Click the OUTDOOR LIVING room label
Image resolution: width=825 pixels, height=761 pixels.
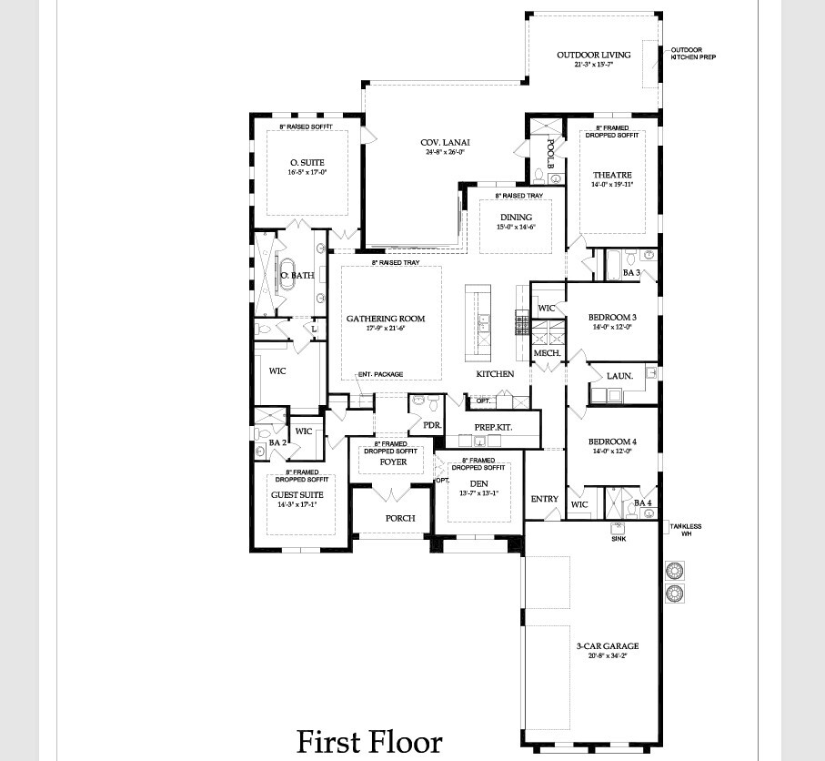(593, 55)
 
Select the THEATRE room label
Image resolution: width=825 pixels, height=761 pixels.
(611, 175)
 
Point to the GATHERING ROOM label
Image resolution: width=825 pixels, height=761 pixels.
(386, 319)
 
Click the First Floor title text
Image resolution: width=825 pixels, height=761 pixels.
(369, 741)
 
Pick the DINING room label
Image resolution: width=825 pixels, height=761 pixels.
(516, 218)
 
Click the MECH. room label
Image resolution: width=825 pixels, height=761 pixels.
(546, 353)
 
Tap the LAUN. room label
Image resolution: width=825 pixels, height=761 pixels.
(607, 375)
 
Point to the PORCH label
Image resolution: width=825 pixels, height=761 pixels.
(399, 518)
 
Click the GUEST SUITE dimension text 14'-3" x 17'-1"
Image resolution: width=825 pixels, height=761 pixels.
(299, 504)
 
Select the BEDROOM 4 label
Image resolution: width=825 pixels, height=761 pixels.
(611, 441)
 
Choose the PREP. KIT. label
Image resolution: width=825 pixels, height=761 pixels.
(492, 427)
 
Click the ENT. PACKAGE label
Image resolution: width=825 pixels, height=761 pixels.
(380, 374)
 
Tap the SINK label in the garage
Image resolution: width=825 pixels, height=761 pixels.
(618, 539)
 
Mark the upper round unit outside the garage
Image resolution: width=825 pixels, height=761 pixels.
(675, 572)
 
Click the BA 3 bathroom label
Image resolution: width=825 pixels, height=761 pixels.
(632, 272)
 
